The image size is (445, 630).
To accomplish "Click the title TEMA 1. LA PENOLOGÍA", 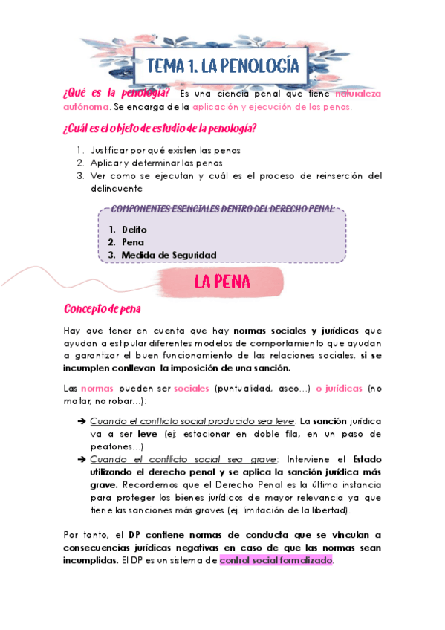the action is (222, 66).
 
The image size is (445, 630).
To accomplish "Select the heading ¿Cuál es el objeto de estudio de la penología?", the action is (160, 129).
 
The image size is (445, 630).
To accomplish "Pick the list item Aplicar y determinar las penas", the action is (156, 163).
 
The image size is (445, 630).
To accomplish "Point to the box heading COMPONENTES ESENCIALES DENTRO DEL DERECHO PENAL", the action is (221, 210).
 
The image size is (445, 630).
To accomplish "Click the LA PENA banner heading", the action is (222, 282).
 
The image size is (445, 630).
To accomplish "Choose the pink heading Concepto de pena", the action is (103, 308).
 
